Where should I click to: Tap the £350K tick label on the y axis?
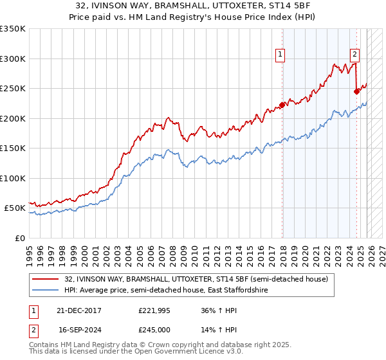point(13,29)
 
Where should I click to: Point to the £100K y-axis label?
point(13,178)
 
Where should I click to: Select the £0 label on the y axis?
point(21,238)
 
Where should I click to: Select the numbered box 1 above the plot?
point(281,55)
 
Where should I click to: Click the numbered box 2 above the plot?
point(354,55)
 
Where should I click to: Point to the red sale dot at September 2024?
point(356,91)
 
